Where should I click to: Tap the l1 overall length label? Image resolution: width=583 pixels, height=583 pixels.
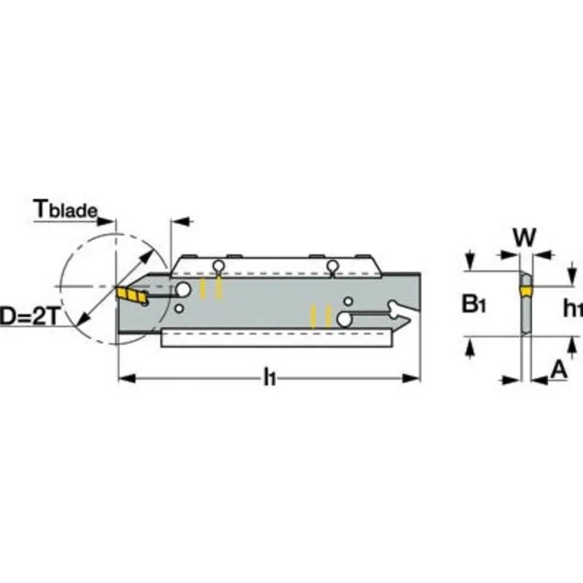click(270, 377)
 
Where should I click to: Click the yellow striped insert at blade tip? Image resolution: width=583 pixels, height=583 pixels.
click(130, 294)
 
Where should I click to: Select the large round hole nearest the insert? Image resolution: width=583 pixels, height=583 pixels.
click(182, 291)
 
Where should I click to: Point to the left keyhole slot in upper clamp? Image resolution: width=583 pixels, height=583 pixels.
click(216, 265)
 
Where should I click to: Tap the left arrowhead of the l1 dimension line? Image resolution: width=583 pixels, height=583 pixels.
click(124, 378)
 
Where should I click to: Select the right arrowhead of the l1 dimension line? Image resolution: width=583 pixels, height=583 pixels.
click(415, 378)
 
